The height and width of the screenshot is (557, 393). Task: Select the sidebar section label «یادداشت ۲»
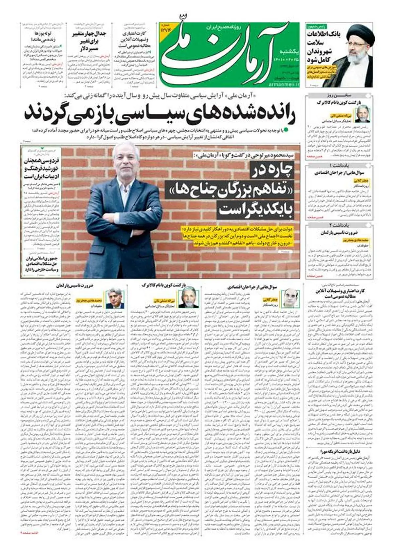pos(339,225)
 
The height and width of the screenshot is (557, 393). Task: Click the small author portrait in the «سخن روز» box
pos(362,113)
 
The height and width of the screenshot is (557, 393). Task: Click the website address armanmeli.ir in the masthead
pos(285,85)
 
